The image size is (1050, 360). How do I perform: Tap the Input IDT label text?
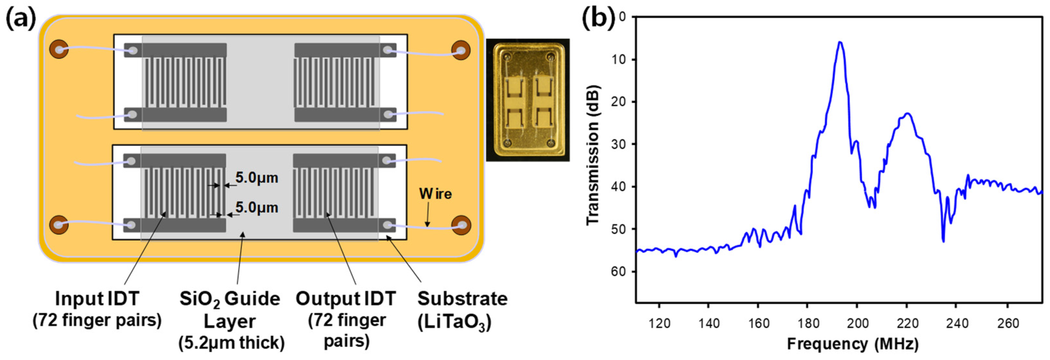click(x=97, y=309)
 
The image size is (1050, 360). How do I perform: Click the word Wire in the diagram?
click(x=435, y=194)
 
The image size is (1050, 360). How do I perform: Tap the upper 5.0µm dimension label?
click(x=257, y=178)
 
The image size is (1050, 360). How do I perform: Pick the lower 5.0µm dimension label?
click(x=257, y=208)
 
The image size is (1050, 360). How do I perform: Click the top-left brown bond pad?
click(x=59, y=49)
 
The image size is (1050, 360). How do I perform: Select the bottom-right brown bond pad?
click(x=461, y=225)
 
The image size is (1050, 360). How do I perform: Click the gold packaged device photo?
click(x=528, y=100)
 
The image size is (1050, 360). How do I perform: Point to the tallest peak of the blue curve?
click(x=840, y=42)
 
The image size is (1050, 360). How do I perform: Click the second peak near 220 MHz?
click(x=906, y=114)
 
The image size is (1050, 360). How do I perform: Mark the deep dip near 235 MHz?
click(x=943, y=241)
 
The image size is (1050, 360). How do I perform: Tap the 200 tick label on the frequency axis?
click(x=857, y=323)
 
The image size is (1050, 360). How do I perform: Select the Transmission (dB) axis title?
click(x=593, y=155)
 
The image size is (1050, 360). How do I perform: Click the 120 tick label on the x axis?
click(x=659, y=323)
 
